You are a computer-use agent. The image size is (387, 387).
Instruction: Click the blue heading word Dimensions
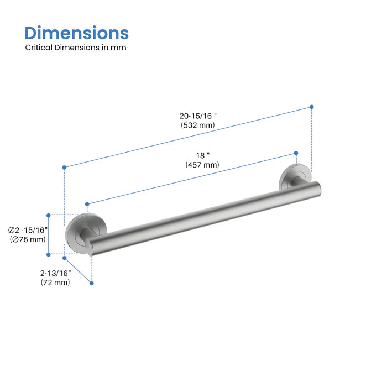coord(77,33)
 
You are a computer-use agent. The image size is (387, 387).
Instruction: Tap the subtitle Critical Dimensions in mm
coord(76,48)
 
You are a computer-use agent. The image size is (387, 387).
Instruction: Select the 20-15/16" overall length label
coord(198,116)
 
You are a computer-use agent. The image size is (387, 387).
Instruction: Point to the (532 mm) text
coord(198,125)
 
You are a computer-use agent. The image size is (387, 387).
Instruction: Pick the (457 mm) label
coord(202,165)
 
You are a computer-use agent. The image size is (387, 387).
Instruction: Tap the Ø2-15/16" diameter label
coord(28,230)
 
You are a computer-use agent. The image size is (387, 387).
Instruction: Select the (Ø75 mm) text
coord(28,239)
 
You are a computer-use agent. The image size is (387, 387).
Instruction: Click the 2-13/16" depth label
coord(55,273)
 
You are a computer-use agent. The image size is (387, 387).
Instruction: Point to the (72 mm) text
coord(55,283)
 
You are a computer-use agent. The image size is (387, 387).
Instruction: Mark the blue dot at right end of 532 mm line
coord(312,107)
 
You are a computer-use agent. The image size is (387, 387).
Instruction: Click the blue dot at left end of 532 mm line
coord(65,167)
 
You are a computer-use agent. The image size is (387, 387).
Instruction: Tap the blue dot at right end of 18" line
coord(296,153)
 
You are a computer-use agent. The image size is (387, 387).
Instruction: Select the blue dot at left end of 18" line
coord(87,203)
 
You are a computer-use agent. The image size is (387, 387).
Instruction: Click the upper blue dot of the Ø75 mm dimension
coord(49,215)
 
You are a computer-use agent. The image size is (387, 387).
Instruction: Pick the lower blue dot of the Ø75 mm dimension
coord(49,254)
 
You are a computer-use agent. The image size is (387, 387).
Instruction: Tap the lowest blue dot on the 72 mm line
coord(92,283)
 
